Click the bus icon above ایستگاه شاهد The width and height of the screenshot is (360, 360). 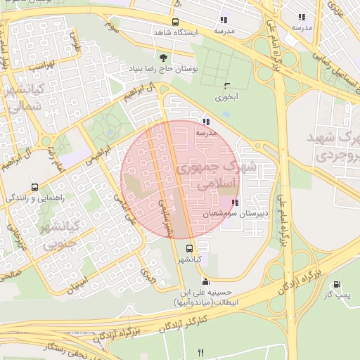[175, 21]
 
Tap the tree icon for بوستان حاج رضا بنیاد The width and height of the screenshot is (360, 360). [164, 58]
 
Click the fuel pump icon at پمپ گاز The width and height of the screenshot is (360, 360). [336, 285]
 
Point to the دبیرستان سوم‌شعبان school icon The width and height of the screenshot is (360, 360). [233, 202]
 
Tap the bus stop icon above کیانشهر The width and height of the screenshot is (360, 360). [188, 248]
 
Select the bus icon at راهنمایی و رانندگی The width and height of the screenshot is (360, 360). [34, 188]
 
